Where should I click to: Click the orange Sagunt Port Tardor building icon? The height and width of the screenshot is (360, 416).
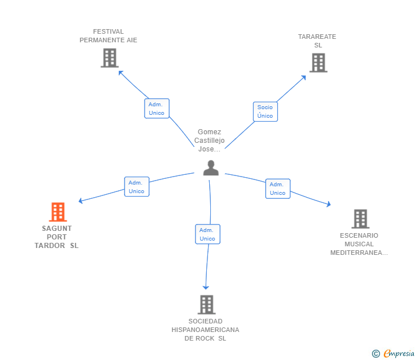57,212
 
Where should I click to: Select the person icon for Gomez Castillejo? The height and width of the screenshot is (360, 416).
211,168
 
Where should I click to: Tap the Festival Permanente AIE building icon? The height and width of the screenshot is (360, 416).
109,58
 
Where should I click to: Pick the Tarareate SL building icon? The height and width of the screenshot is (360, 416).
318,63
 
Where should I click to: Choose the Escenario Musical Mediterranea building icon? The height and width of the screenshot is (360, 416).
360,219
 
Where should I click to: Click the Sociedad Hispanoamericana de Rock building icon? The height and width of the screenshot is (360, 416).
206,305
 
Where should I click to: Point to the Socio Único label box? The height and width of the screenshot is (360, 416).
265,111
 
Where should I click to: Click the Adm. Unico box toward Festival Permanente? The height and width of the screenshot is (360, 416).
157,109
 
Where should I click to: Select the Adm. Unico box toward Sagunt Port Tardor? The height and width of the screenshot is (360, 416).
137,187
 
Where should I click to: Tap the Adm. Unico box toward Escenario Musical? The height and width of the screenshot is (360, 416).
278,189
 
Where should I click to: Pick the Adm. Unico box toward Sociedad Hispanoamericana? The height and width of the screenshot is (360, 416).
207,234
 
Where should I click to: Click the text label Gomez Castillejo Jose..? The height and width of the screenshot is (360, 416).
210,141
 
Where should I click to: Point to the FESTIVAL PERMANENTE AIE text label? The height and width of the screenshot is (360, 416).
109,36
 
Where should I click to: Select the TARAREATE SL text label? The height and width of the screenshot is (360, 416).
317,41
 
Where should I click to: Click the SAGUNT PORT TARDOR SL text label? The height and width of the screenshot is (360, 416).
57,237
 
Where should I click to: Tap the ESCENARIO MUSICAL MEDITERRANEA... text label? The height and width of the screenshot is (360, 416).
359,244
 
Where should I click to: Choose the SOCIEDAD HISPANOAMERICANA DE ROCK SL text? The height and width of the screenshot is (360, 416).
205,330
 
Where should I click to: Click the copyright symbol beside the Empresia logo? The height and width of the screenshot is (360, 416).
375,354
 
